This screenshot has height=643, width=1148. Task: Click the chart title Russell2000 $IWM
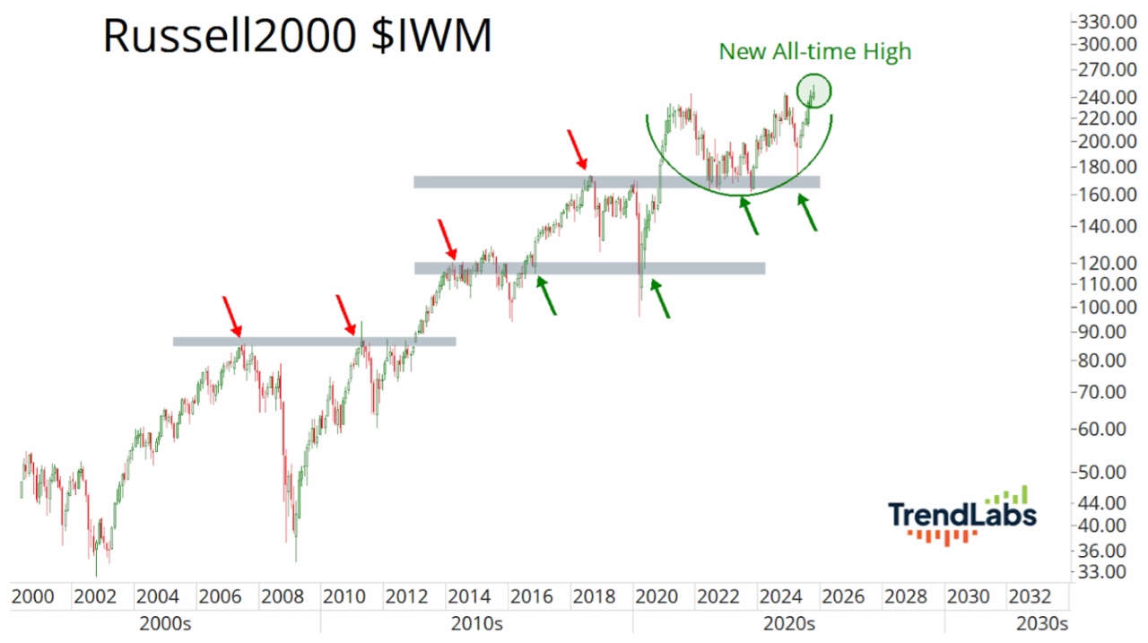[297, 37]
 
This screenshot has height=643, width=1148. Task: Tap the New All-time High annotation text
[814, 52]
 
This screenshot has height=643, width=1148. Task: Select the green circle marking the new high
[814, 90]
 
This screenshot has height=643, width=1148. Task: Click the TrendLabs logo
[962, 516]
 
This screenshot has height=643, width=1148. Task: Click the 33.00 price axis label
[1109, 571]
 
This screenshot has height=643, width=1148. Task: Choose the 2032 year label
[1031, 596]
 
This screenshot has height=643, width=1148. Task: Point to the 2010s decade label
[476, 622]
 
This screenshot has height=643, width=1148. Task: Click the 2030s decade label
[1039, 622]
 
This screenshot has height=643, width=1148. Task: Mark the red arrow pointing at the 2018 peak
[578, 150]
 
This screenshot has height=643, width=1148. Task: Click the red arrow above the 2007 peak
[232, 316]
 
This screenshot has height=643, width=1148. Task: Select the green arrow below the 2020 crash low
[660, 299]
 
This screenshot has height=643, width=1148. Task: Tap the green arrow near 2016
[546, 295]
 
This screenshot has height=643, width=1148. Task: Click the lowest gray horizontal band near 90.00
[314, 341]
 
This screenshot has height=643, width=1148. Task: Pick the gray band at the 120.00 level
[589, 267]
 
